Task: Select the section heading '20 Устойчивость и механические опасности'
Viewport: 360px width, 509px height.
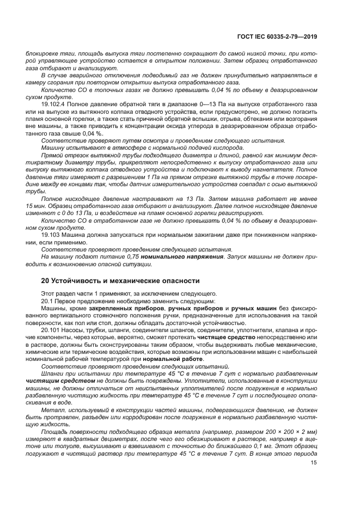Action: click(120, 280)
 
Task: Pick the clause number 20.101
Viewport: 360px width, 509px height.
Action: click(51, 330)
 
